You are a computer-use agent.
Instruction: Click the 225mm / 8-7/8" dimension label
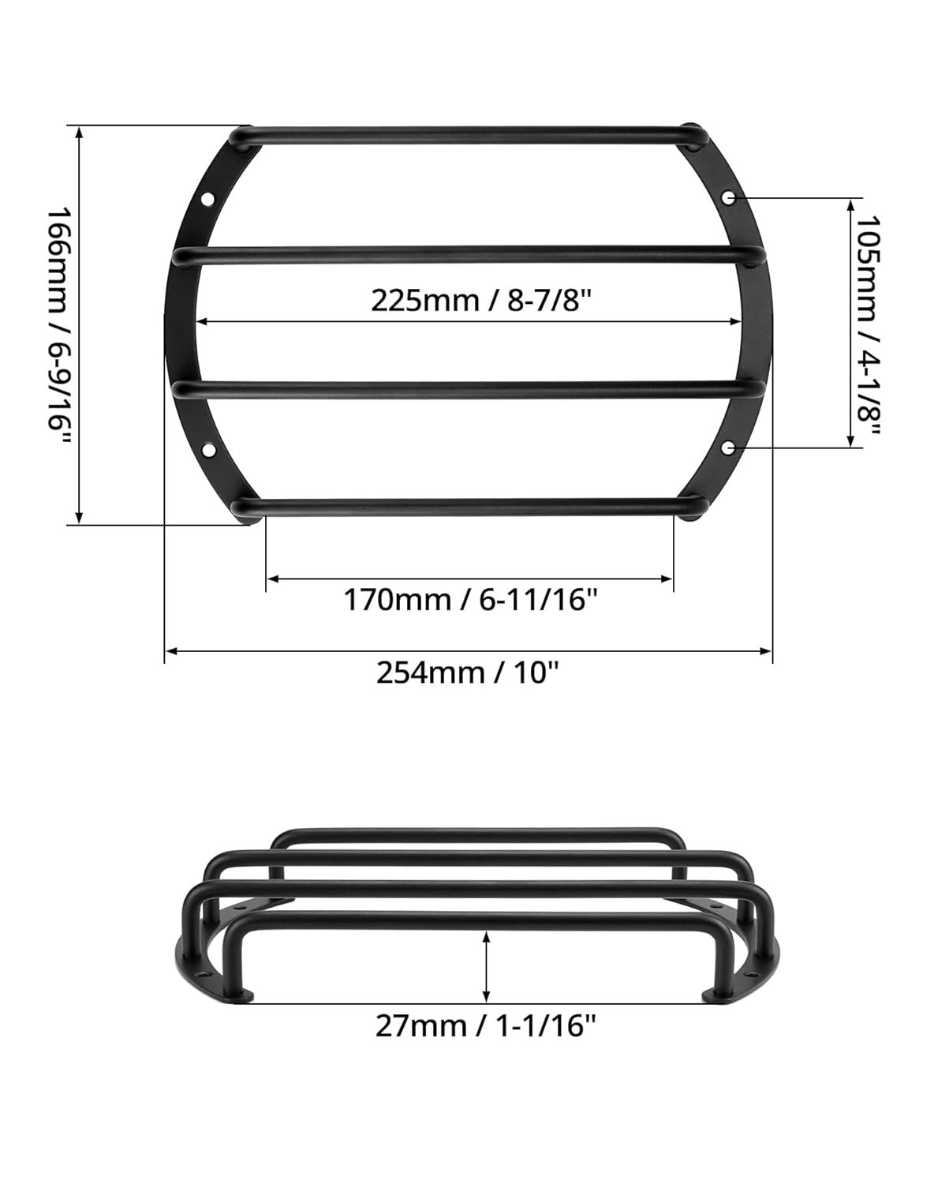480,301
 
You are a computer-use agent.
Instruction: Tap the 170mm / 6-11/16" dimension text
470,600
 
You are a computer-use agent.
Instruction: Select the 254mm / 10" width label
468,673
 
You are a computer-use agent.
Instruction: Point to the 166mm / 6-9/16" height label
58,325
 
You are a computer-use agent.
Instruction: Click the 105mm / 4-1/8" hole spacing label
868,324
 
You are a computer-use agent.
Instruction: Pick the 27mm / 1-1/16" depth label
485,1027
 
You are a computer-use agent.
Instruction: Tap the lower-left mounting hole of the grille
209,450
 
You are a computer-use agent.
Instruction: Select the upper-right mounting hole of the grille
730,197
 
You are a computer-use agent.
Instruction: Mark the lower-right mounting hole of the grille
729,448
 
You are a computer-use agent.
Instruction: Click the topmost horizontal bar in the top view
465,135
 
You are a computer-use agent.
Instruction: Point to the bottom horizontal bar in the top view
465,507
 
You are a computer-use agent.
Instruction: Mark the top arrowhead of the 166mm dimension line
78,132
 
